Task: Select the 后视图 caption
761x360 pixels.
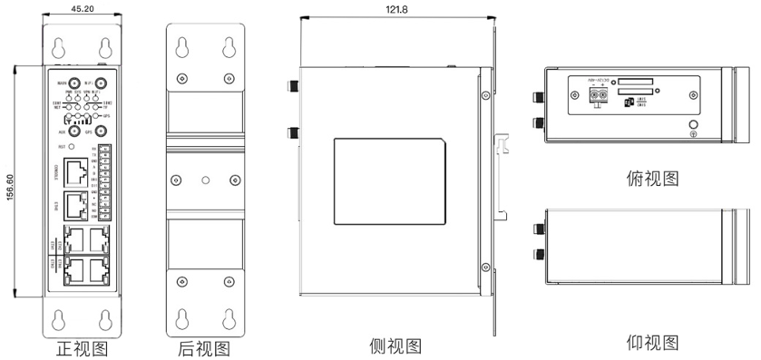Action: coord(204,347)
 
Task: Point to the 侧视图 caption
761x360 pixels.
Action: coord(395,345)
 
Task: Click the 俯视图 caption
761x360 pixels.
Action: coord(652,178)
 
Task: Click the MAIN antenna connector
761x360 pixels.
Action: coord(73,84)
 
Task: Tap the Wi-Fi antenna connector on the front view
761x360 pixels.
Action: coord(101,84)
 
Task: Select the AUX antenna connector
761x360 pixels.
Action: coord(73,131)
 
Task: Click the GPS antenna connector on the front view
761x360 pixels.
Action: coord(101,131)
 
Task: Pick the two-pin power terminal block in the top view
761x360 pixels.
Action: coord(596,101)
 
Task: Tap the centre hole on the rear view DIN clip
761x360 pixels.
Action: coord(208,178)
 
